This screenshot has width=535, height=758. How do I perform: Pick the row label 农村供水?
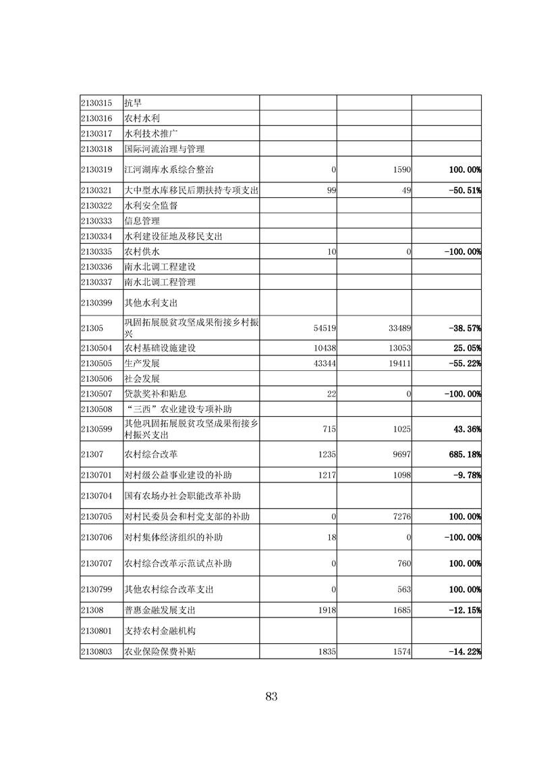pos(142,251)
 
